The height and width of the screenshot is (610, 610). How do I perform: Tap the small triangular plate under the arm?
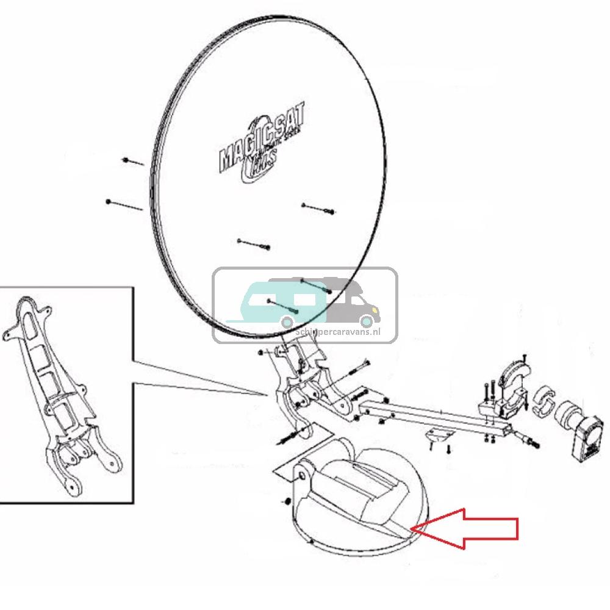(439, 434)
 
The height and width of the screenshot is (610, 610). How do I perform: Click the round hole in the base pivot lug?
(302, 476)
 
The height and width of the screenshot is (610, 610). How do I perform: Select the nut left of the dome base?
(285, 501)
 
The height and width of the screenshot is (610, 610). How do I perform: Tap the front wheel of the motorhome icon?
(365, 321)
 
